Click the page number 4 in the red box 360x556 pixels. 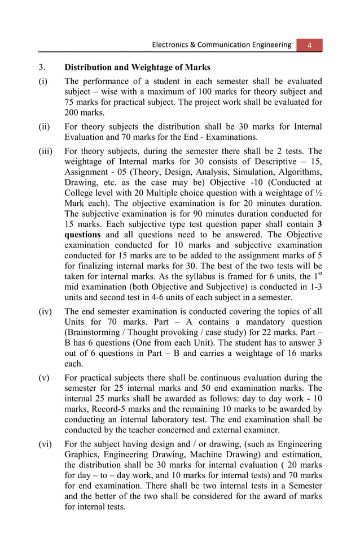[x=309, y=45]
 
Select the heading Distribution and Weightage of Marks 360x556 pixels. [x=138, y=68]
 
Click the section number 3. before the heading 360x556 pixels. [x=42, y=68]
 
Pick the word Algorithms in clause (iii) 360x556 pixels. [x=300, y=172]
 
